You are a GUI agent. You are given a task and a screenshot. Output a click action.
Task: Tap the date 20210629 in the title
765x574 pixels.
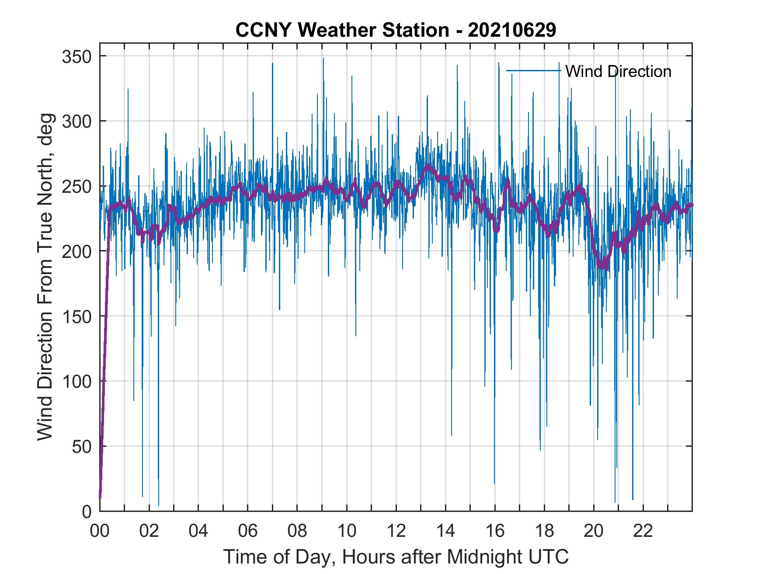512,30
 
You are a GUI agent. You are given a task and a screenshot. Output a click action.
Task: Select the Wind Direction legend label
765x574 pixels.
618,71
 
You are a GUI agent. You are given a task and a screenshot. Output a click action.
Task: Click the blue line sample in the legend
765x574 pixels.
533,71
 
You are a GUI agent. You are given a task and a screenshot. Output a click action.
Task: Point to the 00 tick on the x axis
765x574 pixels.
100,531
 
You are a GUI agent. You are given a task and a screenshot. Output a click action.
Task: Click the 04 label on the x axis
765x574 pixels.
198,531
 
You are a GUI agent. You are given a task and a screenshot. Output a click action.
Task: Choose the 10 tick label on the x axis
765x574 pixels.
347,531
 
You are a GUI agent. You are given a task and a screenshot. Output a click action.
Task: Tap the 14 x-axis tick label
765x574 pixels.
445,531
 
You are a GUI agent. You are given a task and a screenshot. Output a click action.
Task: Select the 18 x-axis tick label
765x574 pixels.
544,531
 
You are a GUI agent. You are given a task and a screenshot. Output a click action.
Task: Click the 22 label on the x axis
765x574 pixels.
643,531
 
